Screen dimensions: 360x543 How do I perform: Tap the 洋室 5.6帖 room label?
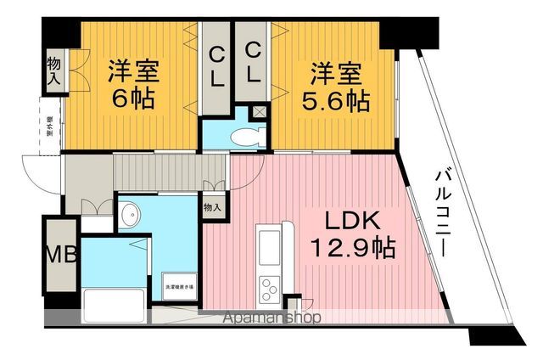click(x=335, y=87)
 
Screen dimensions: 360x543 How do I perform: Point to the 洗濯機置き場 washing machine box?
click(x=179, y=288)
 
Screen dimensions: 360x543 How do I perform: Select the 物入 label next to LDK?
click(x=213, y=206)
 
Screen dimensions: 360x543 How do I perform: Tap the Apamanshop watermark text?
click(x=271, y=318)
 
